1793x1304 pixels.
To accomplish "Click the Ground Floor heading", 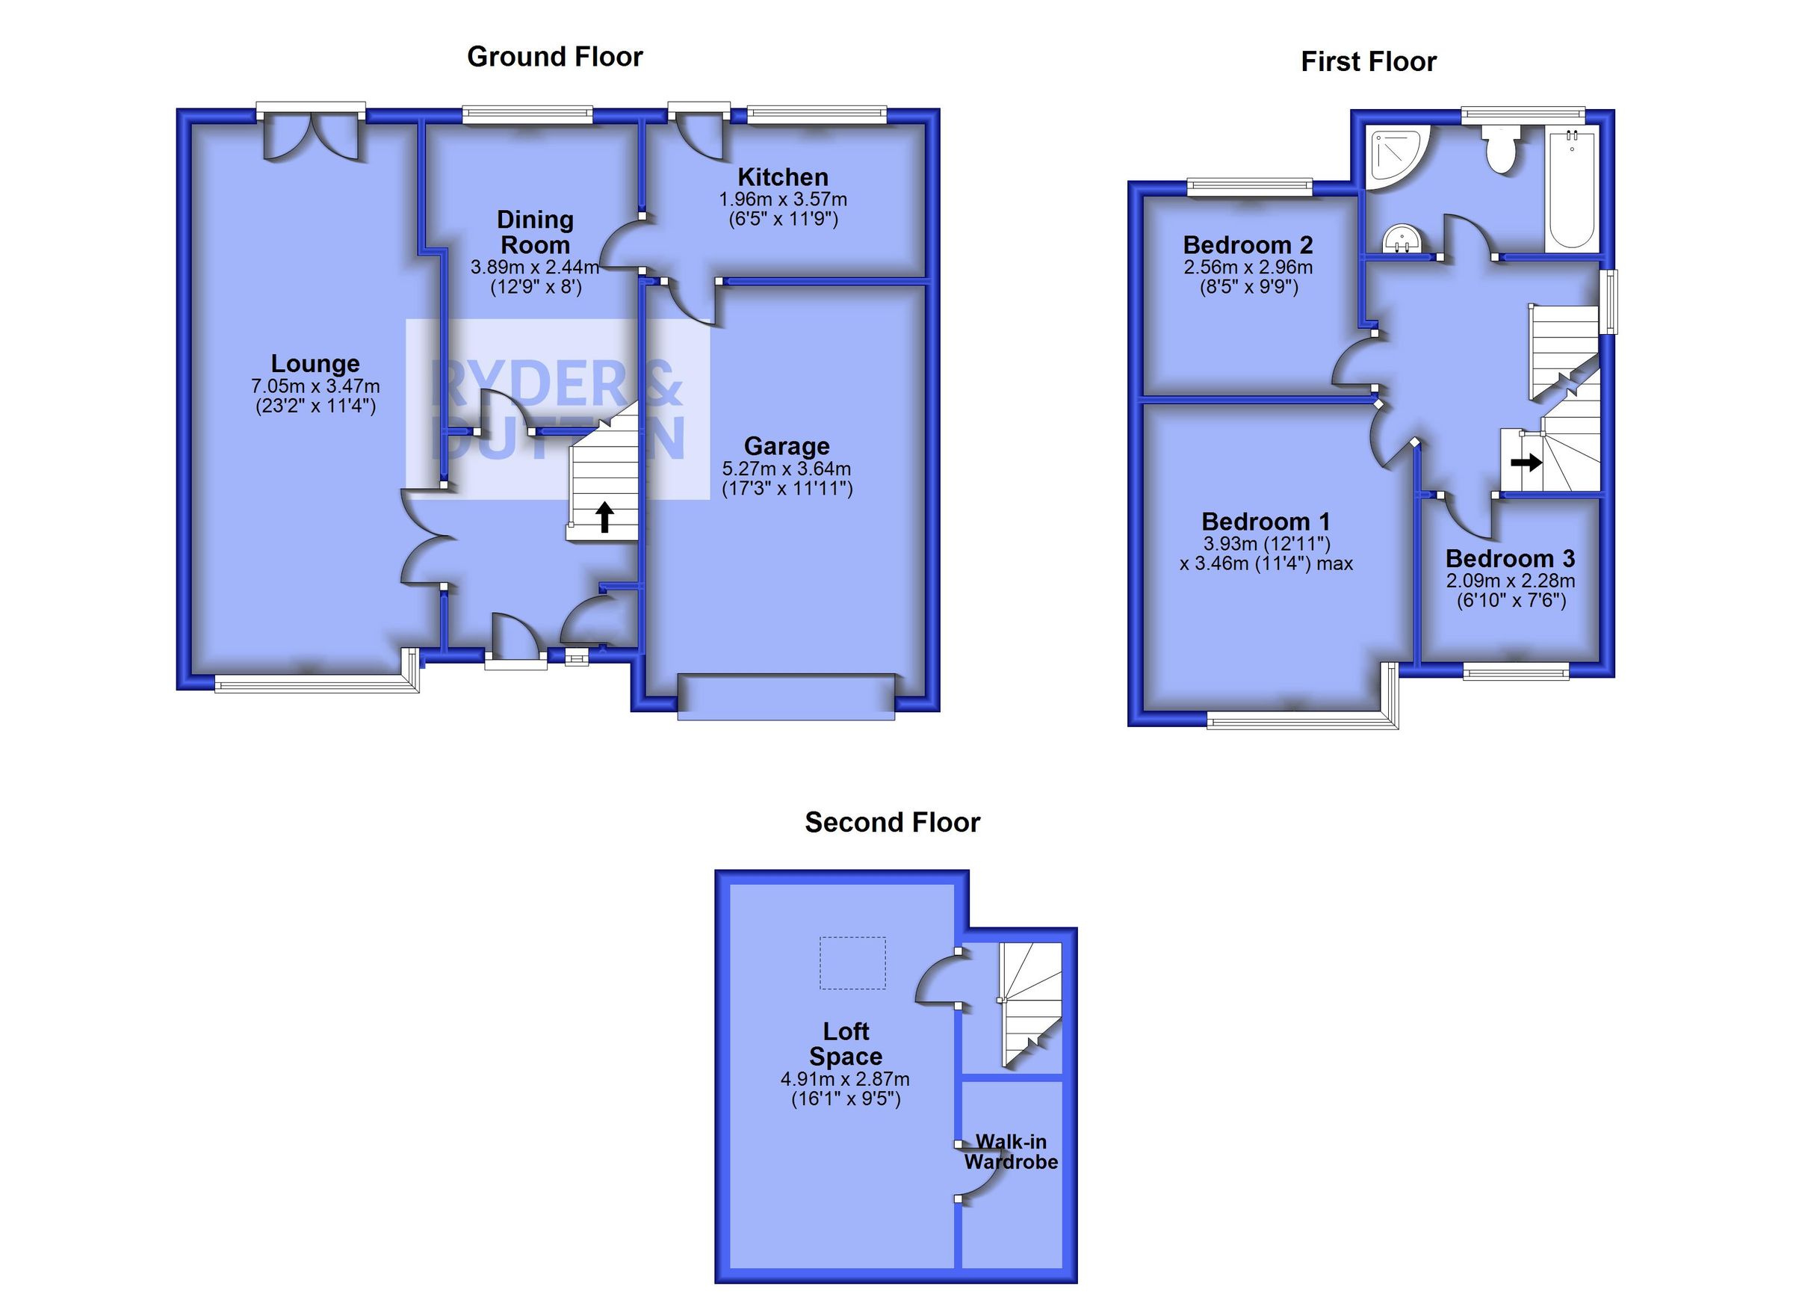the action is [555, 57].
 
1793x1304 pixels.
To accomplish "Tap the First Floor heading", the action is [1369, 62].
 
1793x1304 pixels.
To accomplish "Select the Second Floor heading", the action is [893, 823].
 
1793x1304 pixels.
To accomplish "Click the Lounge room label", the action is [315, 364].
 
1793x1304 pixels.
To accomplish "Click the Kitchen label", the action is [783, 177].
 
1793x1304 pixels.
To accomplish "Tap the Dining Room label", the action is [535, 232].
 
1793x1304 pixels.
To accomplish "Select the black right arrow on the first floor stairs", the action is [1526, 461].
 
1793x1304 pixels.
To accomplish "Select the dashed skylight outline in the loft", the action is [852, 963].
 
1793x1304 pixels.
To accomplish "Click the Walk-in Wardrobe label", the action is [1011, 1152].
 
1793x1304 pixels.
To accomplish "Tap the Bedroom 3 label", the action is [1510, 559].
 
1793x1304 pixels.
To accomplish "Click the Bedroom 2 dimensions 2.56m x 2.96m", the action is [1248, 268].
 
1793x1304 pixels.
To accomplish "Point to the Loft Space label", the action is [846, 1044].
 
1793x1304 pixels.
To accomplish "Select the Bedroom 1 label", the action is [1266, 522].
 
